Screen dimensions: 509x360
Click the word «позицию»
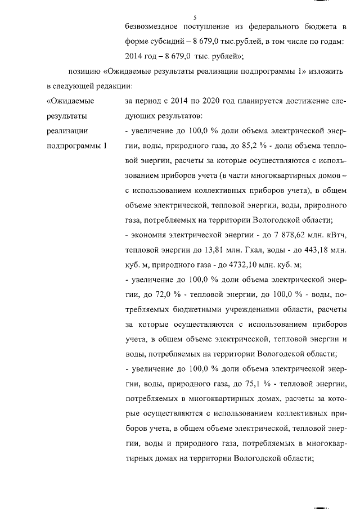click(84, 72)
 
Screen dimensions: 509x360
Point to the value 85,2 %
click(236, 146)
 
